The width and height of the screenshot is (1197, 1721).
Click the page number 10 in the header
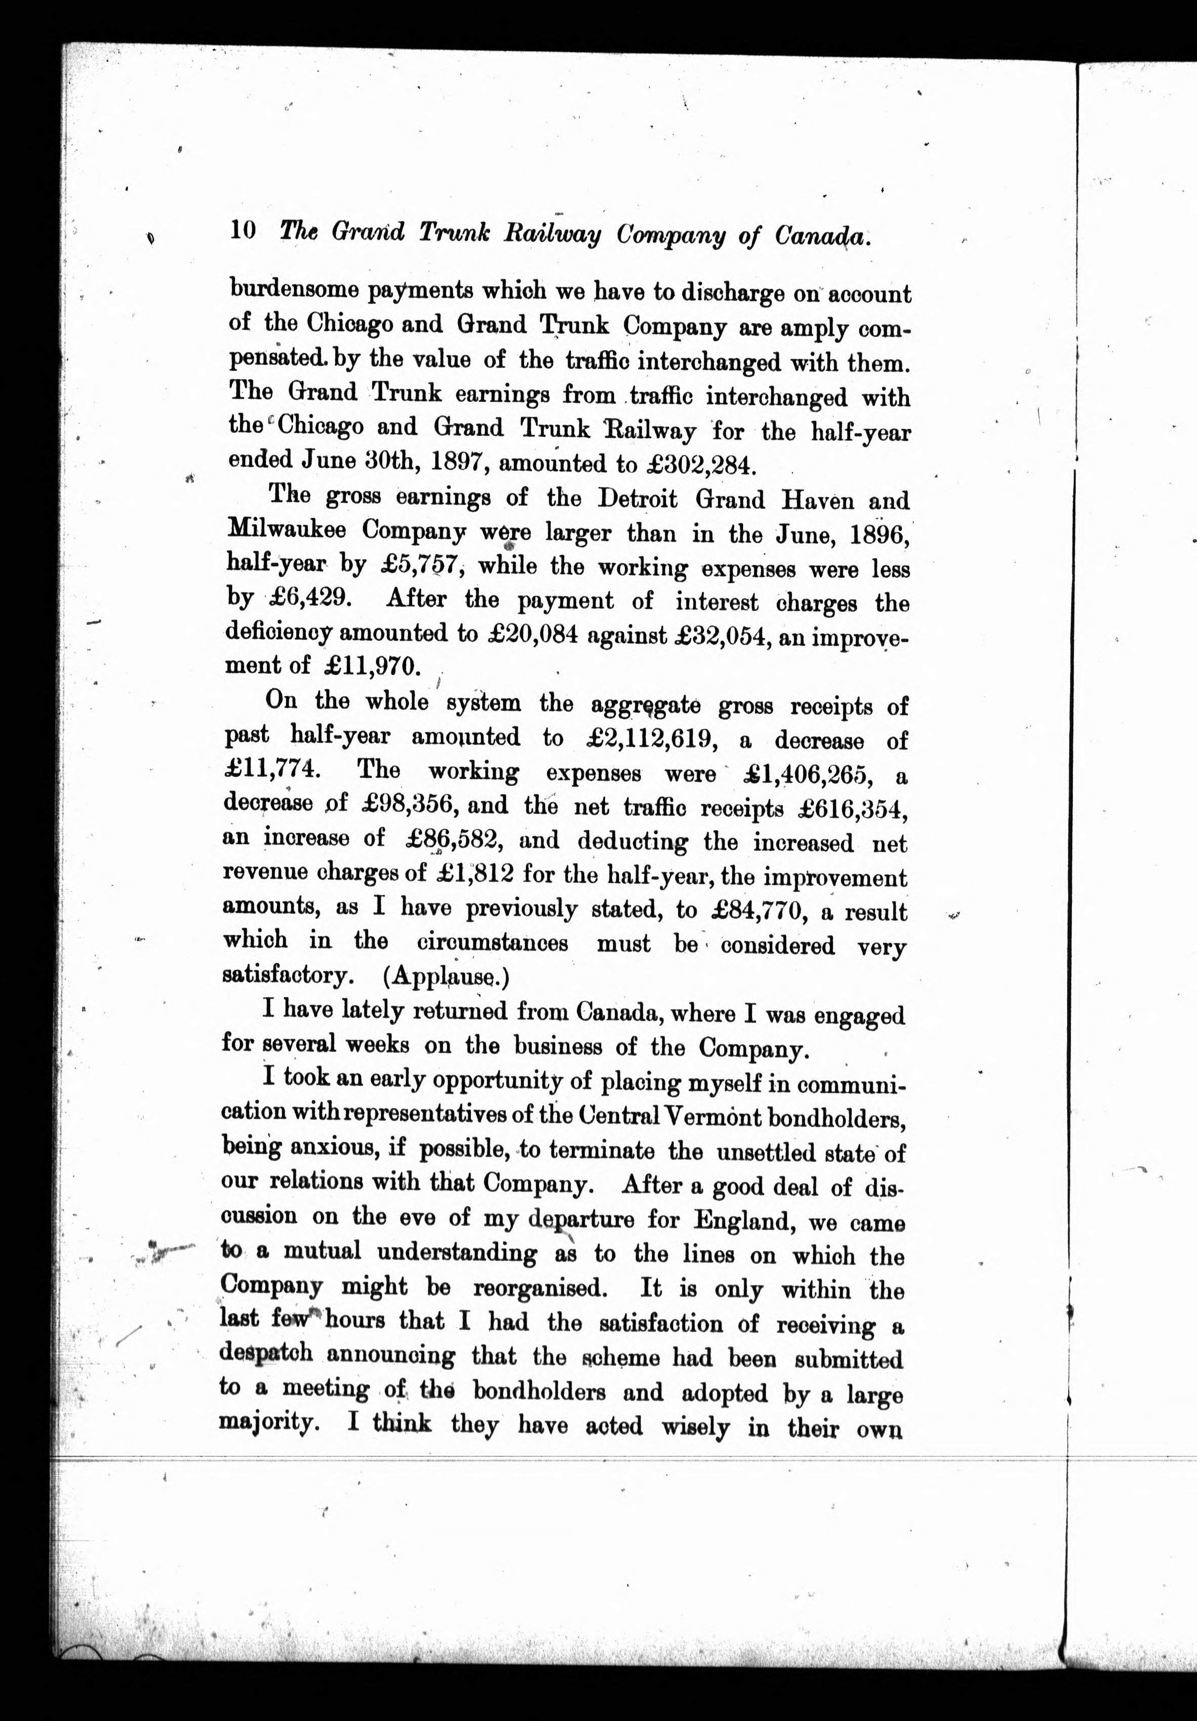click(243, 229)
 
